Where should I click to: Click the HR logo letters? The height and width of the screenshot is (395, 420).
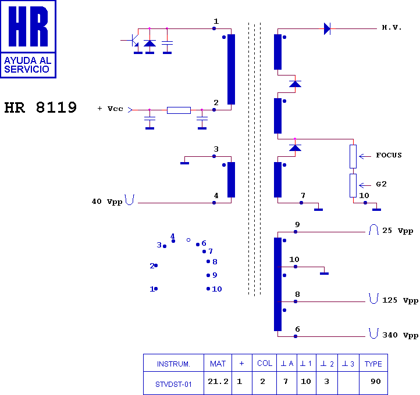28,26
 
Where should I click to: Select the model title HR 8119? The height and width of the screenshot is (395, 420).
41,107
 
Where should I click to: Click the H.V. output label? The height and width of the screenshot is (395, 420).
391,27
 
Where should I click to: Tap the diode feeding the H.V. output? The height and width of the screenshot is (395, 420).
327,28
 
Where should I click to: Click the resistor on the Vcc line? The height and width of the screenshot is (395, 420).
179,110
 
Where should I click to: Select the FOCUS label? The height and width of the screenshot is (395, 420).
389,155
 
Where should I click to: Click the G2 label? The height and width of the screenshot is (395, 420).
381,184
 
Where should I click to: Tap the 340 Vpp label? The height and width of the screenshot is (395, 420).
400,335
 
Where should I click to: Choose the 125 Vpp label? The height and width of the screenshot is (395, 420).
400,300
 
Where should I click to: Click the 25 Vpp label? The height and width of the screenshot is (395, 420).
397,231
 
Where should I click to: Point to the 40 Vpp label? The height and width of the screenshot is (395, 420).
107,202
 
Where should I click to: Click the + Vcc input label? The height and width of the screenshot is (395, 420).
110,109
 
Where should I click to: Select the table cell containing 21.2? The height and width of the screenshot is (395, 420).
218,382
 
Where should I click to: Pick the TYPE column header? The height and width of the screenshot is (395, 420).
373,364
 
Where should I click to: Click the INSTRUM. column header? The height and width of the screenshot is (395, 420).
173,364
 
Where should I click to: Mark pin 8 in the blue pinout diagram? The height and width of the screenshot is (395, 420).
212,261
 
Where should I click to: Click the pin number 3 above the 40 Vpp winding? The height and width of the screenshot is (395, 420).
216,149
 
